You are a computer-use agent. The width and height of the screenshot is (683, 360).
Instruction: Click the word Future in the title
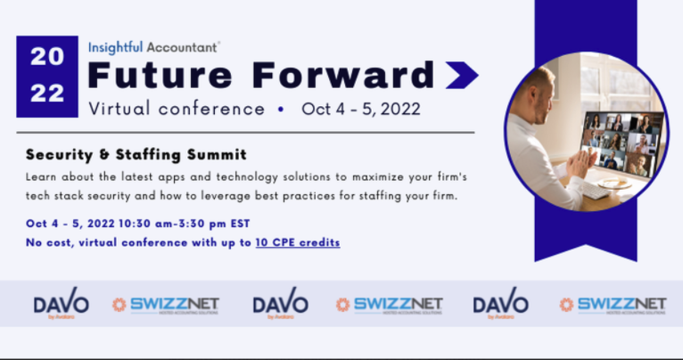click(x=158, y=75)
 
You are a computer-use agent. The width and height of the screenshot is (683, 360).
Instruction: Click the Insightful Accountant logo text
click(x=153, y=44)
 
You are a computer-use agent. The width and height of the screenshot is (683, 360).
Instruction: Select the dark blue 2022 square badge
click(x=46, y=76)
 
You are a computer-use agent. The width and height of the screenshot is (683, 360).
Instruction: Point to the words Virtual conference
click(x=177, y=110)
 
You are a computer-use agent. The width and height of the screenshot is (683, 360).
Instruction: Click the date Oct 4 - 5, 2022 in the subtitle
click(x=361, y=110)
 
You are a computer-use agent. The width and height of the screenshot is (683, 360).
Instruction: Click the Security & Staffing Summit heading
click(x=136, y=154)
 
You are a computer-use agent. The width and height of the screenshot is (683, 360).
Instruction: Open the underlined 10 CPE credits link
click(x=297, y=241)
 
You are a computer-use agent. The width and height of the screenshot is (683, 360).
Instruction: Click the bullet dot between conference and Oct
click(x=281, y=110)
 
